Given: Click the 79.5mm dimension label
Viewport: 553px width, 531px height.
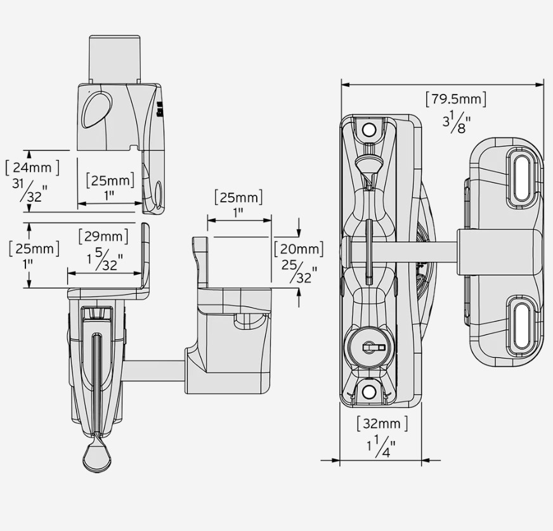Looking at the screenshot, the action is [x=456, y=99].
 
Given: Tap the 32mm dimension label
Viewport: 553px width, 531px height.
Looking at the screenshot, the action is [x=382, y=423].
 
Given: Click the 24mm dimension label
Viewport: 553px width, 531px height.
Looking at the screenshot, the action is [x=32, y=167].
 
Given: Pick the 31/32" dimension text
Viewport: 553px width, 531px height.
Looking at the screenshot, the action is [x=30, y=190].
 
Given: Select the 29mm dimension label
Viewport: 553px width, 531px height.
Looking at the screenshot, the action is [x=103, y=236].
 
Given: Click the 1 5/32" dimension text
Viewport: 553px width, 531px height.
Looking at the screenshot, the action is [x=105, y=259].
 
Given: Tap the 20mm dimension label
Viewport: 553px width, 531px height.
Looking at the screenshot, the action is [x=299, y=249].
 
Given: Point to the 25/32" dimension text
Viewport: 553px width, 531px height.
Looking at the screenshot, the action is [x=299, y=272].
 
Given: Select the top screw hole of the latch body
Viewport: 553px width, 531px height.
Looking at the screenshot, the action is [x=369, y=129].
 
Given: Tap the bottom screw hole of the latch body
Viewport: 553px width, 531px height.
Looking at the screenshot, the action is [x=369, y=391].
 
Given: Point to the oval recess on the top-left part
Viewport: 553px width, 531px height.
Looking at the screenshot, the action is [x=96, y=110].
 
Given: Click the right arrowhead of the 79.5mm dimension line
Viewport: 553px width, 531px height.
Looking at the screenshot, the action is [x=540, y=84].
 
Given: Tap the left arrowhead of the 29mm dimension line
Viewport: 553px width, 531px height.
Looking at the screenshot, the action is [x=72, y=273].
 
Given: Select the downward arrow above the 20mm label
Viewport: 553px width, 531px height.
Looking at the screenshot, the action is [x=299, y=228].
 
